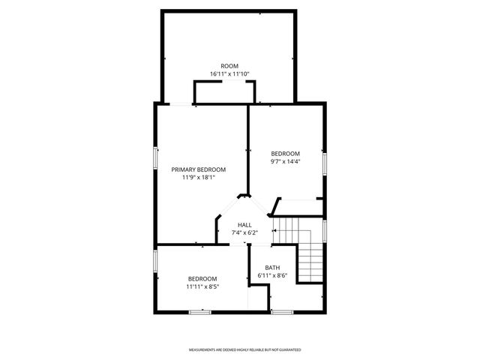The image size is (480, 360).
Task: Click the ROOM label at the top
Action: click(x=229, y=66)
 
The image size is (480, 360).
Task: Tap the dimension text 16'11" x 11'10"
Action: click(x=229, y=74)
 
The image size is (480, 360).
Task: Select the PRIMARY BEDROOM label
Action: click(x=198, y=169)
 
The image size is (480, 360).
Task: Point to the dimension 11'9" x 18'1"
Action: click(x=198, y=178)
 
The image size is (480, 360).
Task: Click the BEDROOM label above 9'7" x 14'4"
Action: click(x=285, y=154)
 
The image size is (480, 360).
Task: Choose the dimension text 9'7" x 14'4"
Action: click(x=285, y=162)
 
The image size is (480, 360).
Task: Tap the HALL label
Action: click(x=244, y=225)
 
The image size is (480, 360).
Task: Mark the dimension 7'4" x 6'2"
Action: click(x=244, y=233)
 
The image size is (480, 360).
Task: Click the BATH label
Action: click(x=272, y=268)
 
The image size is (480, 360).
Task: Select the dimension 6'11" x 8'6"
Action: click(x=272, y=276)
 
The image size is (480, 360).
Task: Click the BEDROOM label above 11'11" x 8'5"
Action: click(x=202, y=278)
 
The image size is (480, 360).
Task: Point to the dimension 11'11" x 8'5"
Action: click(x=202, y=286)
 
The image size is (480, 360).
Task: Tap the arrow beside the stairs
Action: click(x=276, y=229)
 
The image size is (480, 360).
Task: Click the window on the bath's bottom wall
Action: click(x=281, y=311)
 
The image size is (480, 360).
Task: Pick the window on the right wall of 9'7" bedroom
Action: click(x=325, y=163)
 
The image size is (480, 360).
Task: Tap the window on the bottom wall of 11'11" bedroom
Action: click(x=200, y=311)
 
